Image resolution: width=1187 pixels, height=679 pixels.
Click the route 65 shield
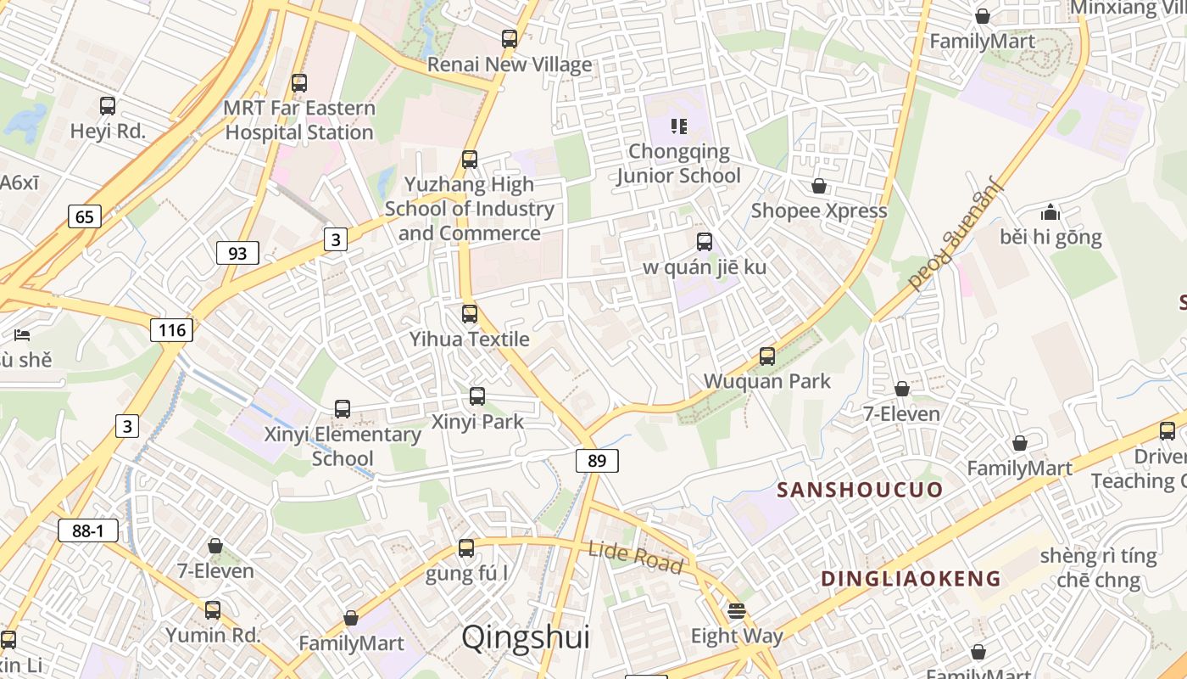pos(85,216)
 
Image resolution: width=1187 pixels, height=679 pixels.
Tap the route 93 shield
pos(237,253)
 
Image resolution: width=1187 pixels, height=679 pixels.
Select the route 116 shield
pos(171,330)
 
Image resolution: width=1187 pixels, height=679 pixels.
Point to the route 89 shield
pos(597,461)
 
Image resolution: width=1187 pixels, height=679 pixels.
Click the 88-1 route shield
pos(88,531)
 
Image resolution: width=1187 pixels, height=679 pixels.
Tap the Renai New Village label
pos(509,65)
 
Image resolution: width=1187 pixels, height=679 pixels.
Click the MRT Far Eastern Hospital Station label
pos(298,121)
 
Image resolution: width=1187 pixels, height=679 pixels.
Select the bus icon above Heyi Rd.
pos(108,106)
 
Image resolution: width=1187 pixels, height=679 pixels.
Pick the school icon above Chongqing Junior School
pos(678,126)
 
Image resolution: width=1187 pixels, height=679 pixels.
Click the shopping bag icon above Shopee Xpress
pos(819,186)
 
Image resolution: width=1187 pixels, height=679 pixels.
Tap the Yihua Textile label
pos(470,339)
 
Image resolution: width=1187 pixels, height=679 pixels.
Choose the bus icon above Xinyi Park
pos(477,396)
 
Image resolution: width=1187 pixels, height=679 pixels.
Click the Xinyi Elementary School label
pos(343,446)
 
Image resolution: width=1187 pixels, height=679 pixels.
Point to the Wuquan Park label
pos(767,381)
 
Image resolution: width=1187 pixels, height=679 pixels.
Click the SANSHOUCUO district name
pos(860,490)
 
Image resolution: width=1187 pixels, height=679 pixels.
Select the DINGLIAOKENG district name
pos(911,579)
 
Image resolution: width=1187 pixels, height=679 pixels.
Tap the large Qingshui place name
pos(525,637)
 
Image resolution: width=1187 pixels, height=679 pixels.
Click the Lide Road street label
pos(635,557)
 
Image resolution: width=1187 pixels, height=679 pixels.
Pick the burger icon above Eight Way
pos(737,611)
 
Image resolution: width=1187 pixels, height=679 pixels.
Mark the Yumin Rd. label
pos(213,635)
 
